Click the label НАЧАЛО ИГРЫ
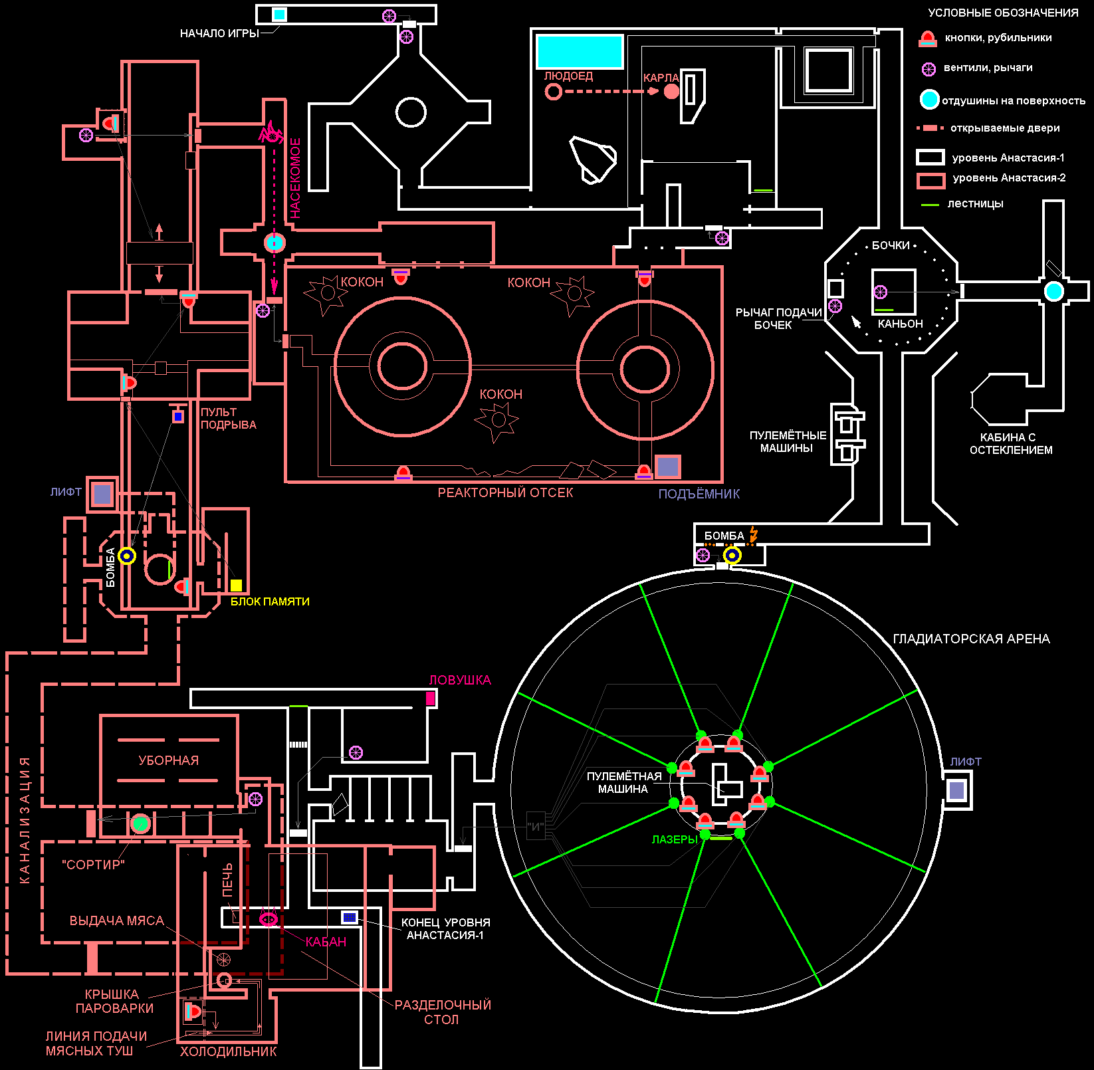(219, 33)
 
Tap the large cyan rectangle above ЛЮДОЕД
(580, 51)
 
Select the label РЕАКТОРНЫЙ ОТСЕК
(505, 492)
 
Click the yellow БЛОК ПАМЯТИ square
(236, 585)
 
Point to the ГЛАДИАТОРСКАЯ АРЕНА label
(971, 639)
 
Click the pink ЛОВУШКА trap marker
(430, 698)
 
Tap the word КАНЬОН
(900, 324)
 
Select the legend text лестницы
(975, 203)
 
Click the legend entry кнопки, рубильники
(998, 38)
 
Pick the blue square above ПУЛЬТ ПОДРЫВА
(178, 417)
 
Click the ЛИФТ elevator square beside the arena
(956, 790)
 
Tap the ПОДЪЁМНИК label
(699, 494)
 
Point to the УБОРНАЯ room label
(168, 760)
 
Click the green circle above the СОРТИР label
(140, 823)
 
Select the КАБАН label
(326, 942)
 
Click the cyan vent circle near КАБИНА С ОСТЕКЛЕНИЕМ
(1053, 290)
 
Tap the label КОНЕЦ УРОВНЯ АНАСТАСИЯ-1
(445, 928)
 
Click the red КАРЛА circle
(672, 91)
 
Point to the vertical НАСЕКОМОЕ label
(296, 178)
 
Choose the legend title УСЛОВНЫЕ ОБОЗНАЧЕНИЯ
(1003, 13)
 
